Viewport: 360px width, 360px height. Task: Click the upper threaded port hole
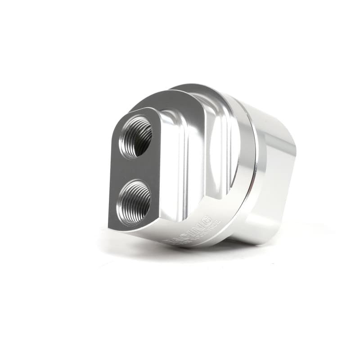[x=135, y=136]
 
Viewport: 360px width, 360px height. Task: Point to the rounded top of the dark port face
[x=135, y=111]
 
